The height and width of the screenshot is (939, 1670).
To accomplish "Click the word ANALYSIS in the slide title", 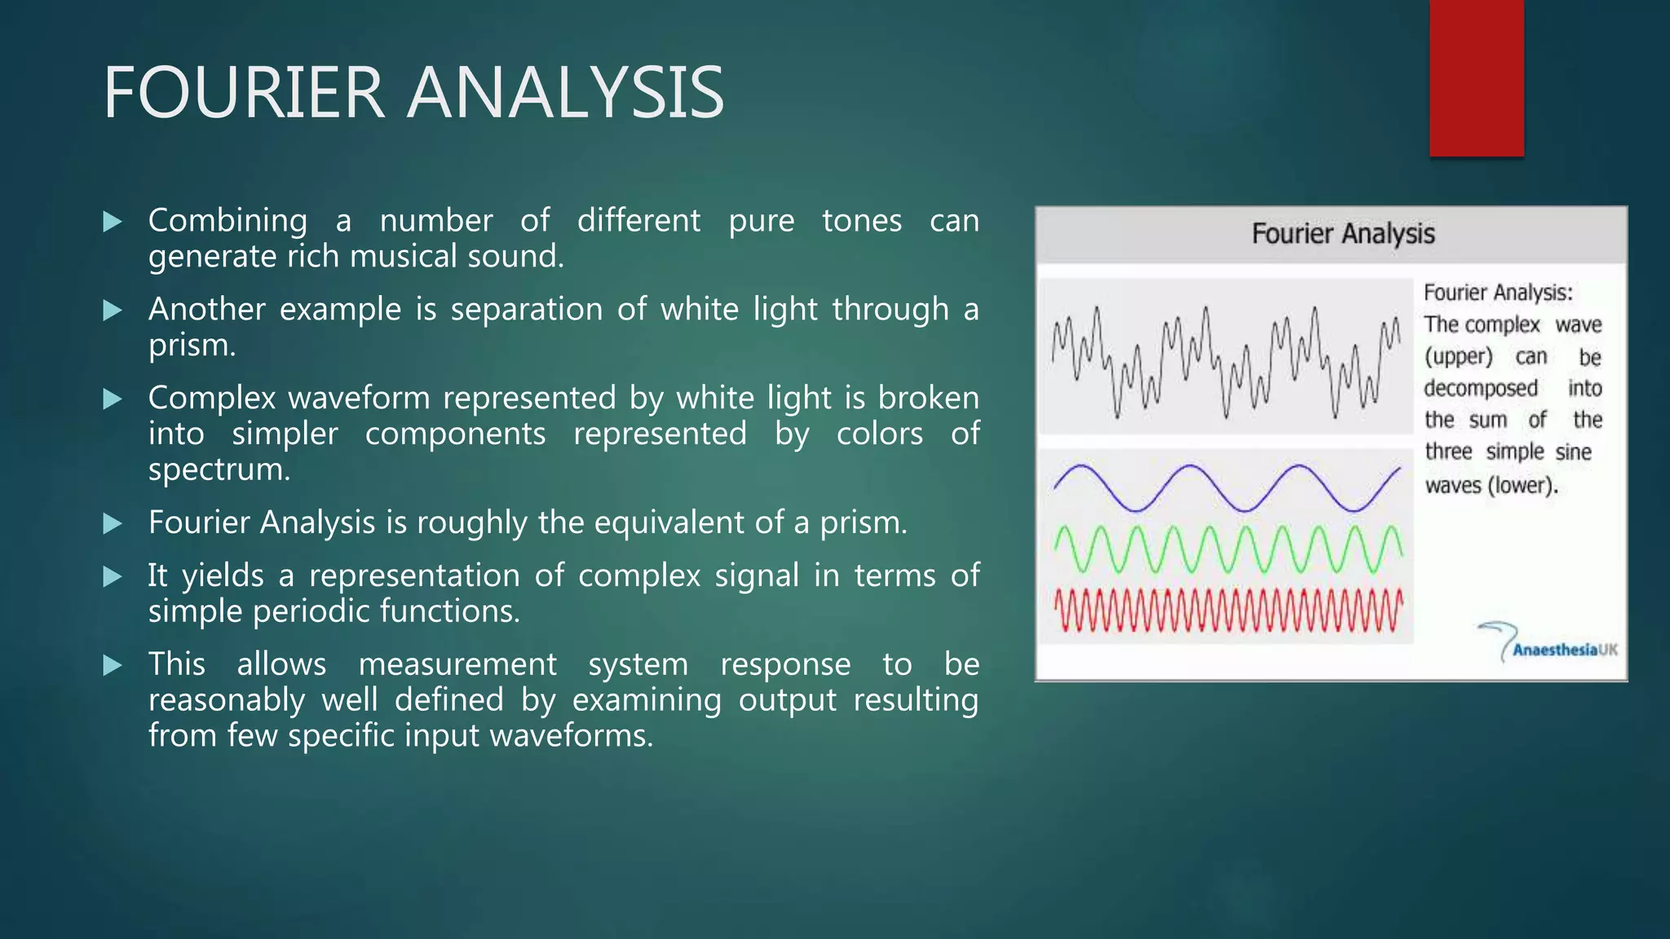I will [565, 93].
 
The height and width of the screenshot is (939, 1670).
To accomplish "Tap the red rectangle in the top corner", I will [1476, 77].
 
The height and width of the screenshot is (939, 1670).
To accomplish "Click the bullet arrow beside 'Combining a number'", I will [113, 222].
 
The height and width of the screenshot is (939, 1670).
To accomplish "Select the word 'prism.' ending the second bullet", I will [192, 346].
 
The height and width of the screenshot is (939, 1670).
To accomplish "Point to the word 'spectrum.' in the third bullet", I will [219, 469].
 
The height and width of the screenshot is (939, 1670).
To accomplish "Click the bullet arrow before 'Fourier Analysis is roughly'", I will [113, 523].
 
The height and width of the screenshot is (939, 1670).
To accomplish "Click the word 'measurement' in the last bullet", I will [457, 664].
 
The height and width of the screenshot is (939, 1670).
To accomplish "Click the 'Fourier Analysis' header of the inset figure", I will [1342, 234].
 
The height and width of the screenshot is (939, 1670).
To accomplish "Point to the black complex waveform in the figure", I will [1226, 359].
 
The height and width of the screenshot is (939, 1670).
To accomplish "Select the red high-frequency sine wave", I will [1226, 611].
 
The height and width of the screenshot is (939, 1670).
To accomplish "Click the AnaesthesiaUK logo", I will [1549, 645].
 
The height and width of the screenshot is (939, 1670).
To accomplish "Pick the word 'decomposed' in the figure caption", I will [1480, 388].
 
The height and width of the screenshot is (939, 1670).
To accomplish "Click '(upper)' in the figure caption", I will [1458, 357].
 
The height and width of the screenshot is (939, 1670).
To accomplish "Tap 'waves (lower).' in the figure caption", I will [1491, 486].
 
